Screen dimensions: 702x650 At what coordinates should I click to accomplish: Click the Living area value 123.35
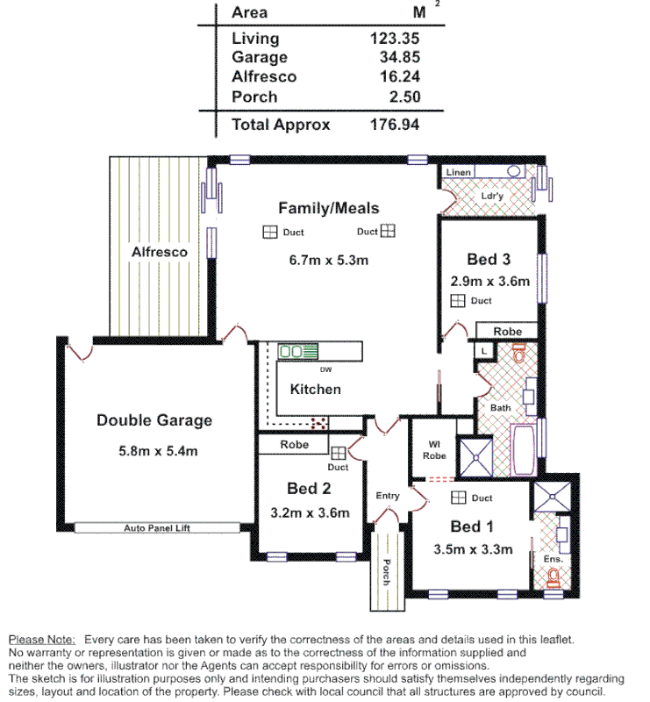coord(395,39)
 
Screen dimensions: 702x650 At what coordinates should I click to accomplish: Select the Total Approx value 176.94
coord(395,125)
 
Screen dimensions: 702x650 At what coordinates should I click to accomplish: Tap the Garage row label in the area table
coord(259,57)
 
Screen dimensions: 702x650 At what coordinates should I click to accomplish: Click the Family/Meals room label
coord(328,208)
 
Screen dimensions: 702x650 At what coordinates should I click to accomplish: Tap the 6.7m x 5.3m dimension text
coord(328,260)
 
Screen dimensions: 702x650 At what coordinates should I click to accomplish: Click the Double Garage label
coord(154,420)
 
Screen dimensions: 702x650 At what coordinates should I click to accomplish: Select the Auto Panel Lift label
coord(157,528)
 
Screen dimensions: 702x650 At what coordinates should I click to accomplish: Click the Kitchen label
coord(315,389)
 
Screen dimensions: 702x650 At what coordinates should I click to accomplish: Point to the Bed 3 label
coord(489,259)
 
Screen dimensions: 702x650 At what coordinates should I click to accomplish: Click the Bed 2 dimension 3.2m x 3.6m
coord(311,513)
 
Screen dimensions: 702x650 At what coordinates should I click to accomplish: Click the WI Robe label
coord(434,450)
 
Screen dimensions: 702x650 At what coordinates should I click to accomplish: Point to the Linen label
coord(459,172)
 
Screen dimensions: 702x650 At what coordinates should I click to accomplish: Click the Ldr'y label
coord(492,197)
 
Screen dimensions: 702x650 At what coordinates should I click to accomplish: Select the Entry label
coord(388,496)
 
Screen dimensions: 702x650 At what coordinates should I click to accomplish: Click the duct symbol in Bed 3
coord(457,301)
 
